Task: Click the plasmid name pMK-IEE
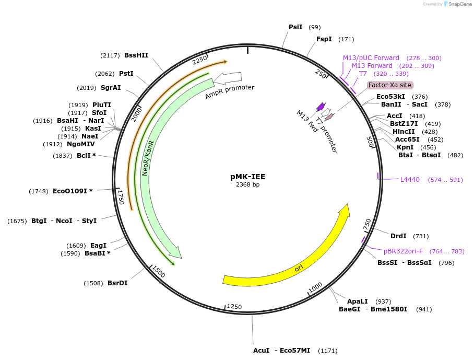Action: coord(248,177)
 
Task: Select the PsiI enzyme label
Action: coord(295,27)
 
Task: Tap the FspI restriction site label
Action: coord(324,39)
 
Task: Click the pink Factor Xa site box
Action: coord(390,85)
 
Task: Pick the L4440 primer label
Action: coord(410,180)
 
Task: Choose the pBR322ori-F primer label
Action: coord(403,251)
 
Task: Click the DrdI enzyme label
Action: coord(398,236)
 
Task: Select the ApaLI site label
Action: coord(358,301)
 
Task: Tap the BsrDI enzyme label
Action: coord(117,283)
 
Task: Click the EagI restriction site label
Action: coord(98,245)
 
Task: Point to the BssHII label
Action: coord(136,55)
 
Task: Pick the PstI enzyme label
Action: coord(126,74)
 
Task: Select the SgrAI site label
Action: coord(111,88)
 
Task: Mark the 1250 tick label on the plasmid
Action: coord(234,307)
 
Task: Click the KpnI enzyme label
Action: coord(406,147)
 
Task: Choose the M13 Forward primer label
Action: coord(372,66)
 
